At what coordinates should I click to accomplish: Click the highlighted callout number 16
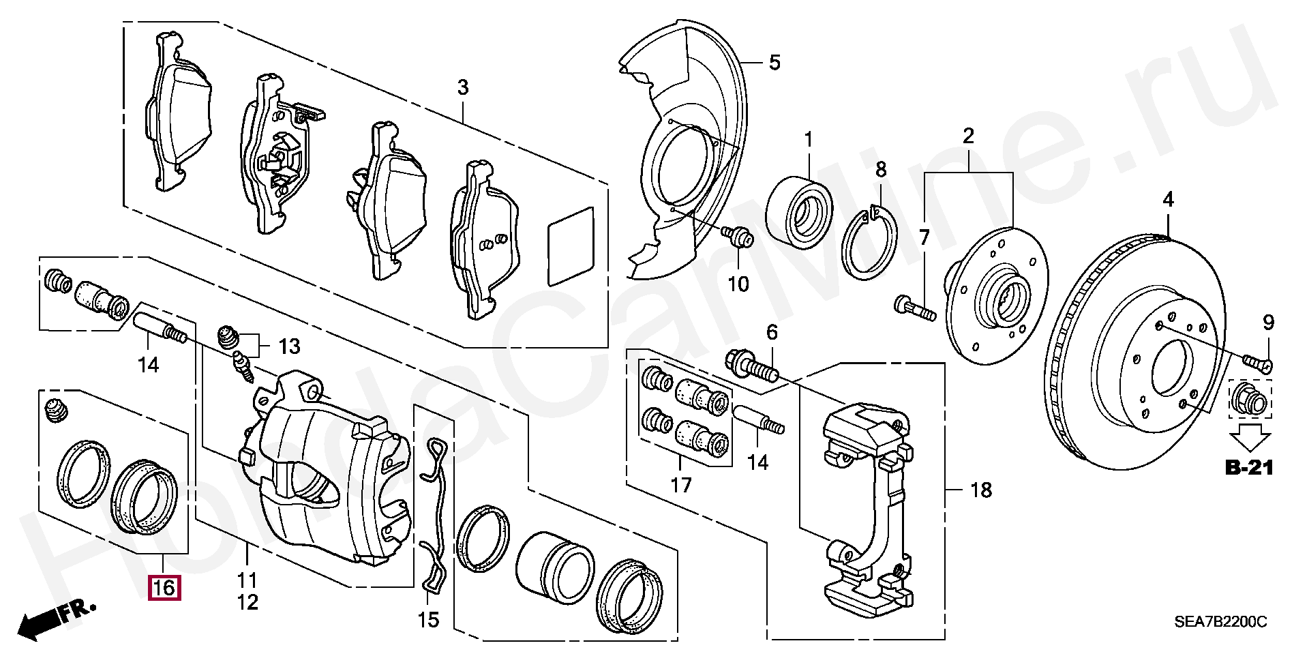[x=164, y=587]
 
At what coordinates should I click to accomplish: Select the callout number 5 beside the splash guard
[x=774, y=63]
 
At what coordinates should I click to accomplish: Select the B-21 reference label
[x=1249, y=468]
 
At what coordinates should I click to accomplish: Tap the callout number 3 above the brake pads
[x=463, y=87]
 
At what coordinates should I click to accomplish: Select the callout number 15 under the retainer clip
[x=429, y=619]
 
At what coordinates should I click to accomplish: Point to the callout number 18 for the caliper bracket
[x=980, y=490]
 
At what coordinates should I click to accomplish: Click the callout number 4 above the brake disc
[x=1169, y=200]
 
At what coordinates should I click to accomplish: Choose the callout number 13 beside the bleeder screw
[x=289, y=346]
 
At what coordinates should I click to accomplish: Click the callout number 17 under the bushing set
[x=680, y=485]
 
